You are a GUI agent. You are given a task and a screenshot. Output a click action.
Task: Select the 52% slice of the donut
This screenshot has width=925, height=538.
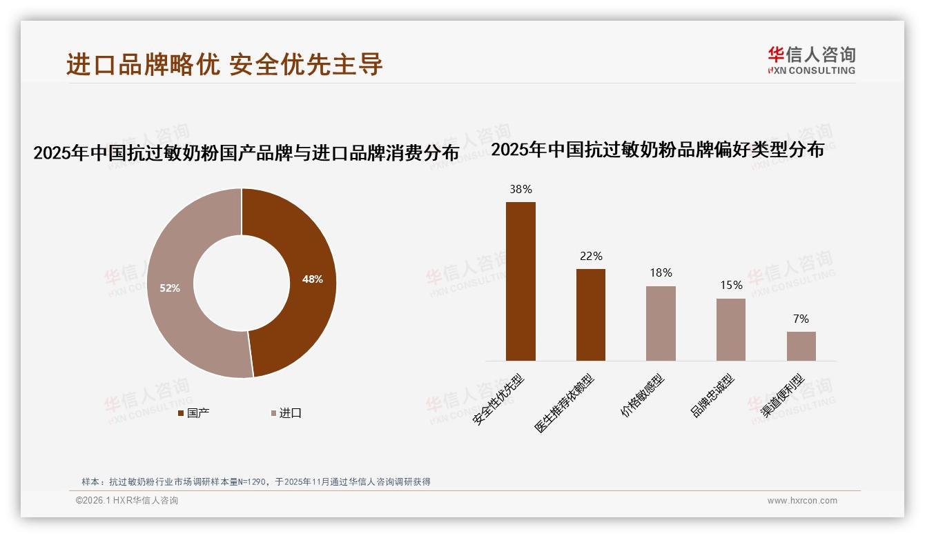coord(170,288)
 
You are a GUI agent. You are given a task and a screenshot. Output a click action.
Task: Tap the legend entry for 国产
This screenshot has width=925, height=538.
coord(194,413)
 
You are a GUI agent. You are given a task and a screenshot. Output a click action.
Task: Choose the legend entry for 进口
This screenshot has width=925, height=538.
coord(286,413)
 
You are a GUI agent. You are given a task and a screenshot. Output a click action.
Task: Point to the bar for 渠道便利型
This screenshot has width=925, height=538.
coord(801,346)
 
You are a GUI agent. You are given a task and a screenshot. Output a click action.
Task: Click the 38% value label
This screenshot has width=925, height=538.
coord(520,189)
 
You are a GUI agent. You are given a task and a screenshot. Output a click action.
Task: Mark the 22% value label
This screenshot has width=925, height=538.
coord(591,256)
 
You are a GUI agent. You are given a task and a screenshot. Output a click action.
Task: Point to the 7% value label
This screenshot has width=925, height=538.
coord(801,319)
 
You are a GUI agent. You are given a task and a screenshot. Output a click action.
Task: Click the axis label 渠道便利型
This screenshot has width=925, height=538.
coord(783,396)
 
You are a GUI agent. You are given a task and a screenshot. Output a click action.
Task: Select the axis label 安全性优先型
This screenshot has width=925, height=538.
coord(498,399)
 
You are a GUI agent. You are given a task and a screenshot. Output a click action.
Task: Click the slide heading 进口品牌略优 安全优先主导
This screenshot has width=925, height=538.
coord(224,64)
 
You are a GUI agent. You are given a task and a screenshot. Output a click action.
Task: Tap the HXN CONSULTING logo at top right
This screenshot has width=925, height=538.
coord(811,60)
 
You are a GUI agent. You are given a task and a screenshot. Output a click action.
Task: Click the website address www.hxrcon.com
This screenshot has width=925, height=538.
coord(802,501)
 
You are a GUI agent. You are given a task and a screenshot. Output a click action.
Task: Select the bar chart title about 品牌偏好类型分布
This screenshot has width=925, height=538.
coord(657,150)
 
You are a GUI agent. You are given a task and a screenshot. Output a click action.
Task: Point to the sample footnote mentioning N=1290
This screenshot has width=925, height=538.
coord(256,481)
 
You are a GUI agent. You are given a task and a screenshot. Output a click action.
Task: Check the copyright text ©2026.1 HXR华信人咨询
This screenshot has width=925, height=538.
coord(127,501)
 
